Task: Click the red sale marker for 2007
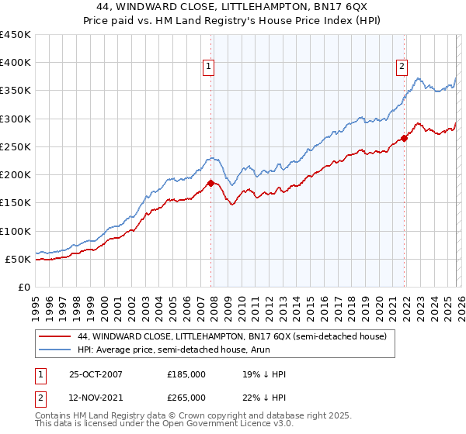[210, 184]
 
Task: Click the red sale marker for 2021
[404, 139]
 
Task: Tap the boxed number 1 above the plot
[210, 67]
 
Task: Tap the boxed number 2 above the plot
[402, 67]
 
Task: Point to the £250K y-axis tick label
[16, 146]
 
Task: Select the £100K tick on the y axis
[16, 231]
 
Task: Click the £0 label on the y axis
[23, 287]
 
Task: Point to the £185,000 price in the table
[186, 374]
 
